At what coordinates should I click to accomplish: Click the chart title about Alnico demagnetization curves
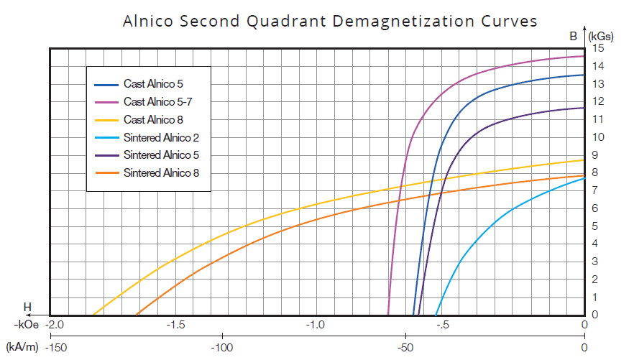coord(330,21)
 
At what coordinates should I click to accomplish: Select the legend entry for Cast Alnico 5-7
coord(157,101)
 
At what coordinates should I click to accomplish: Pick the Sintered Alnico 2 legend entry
coord(156,137)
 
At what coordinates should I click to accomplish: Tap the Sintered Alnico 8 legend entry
coord(156,172)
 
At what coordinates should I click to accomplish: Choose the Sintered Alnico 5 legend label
coord(156,154)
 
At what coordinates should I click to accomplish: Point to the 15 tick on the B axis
coord(598,48)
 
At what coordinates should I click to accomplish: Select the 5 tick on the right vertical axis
coord(595,226)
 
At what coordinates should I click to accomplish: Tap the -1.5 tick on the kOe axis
coord(177,325)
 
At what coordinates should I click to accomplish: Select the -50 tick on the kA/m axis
coord(404,348)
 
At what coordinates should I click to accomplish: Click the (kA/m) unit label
coord(21,348)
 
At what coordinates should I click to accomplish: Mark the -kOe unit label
coord(23,325)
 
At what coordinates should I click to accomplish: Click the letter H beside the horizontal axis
coord(27,308)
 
